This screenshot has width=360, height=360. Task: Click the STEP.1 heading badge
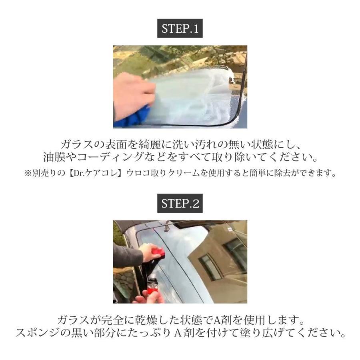tap(180, 29)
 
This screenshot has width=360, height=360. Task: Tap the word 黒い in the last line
tap(92, 333)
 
